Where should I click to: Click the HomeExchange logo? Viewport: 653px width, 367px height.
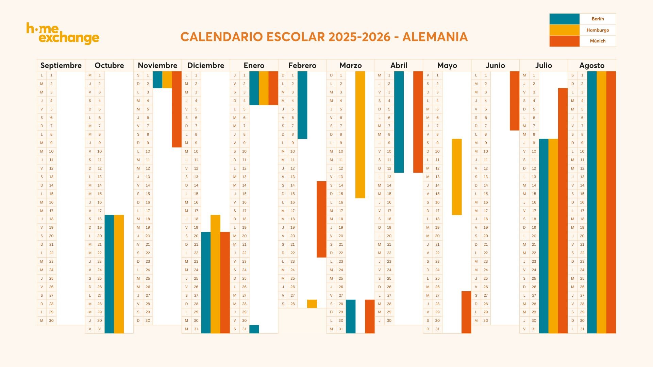pos(63,34)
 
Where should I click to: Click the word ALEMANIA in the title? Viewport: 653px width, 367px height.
pos(435,37)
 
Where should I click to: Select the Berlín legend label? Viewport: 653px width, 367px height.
pos(598,19)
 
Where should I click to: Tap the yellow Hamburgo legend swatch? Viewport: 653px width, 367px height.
pos(564,30)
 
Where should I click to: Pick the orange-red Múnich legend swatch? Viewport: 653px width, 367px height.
pos(564,41)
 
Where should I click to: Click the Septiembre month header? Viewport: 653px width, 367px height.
pos(61,65)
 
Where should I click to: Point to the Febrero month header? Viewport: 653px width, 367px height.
pos(302,65)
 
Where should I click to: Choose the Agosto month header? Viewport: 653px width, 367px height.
pos(592,65)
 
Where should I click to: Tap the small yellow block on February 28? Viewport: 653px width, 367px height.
pos(312,304)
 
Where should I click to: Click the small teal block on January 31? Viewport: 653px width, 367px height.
pos(254,329)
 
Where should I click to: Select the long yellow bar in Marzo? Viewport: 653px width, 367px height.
pos(360,135)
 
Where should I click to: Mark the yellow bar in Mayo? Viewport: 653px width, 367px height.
pos(457,177)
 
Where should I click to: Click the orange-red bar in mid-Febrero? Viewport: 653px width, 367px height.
pos(321,219)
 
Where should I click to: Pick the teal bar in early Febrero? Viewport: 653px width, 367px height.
pos(302,105)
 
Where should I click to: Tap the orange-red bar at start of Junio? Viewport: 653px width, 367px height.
pos(514,101)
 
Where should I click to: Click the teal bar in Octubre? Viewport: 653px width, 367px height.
pos(109,274)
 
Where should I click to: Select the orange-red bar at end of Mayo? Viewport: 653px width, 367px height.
pos(466,312)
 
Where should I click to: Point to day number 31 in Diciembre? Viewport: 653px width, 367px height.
pos(196,329)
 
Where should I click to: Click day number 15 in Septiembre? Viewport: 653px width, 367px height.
pos(51,194)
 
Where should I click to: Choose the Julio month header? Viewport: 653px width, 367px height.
pos(543,65)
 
